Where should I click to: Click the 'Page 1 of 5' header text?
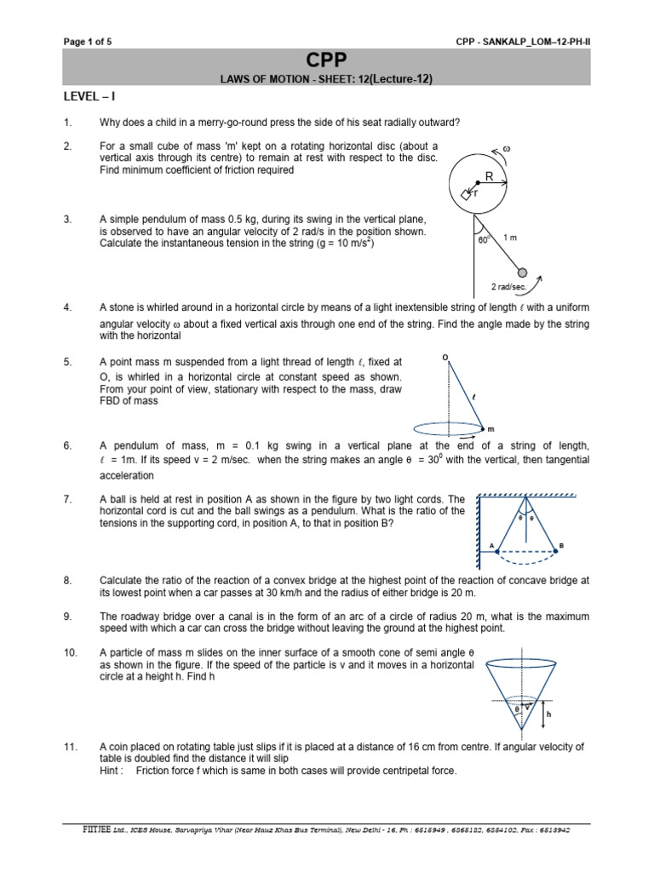click(88, 40)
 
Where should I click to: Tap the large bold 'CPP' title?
click(327, 60)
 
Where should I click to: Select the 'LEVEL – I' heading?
click(92, 99)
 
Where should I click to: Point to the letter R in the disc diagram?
click(489, 176)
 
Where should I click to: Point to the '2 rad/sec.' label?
click(509, 288)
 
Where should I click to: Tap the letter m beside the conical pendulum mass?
click(490, 428)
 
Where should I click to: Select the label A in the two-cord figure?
click(491, 545)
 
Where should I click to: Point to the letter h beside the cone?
click(548, 714)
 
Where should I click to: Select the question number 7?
click(68, 499)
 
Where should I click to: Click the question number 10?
click(71, 652)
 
